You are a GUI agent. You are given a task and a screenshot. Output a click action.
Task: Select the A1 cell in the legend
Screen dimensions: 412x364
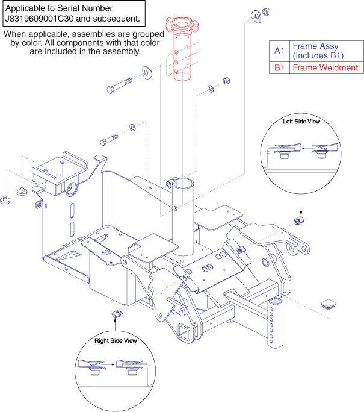(x=279, y=50)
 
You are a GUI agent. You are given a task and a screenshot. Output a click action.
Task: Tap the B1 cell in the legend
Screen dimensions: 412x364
(x=279, y=68)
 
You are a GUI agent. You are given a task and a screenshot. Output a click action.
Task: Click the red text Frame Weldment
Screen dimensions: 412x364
(x=325, y=68)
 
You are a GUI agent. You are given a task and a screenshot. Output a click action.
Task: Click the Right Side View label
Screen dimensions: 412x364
(x=116, y=341)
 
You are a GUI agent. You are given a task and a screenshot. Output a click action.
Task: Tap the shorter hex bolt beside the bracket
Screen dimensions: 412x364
(x=108, y=143)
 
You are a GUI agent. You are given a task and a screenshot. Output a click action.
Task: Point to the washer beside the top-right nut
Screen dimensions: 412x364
(x=258, y=14)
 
